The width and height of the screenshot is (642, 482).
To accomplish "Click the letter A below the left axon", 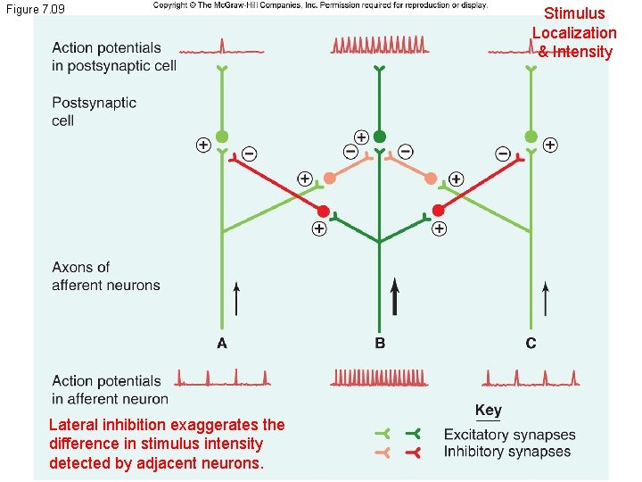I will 221,344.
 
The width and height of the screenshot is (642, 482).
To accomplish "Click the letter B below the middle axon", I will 380,344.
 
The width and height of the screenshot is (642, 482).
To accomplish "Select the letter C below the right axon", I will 531,344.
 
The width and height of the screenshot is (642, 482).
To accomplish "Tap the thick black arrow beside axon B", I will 394,296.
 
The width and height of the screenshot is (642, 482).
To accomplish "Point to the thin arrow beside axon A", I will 236,299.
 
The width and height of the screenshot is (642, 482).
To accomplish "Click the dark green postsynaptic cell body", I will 380,137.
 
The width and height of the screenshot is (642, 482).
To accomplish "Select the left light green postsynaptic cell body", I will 222,137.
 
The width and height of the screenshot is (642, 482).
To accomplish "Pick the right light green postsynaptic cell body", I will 531,137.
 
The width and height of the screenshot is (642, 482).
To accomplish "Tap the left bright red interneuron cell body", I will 322,211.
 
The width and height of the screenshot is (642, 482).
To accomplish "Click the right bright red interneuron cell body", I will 438,211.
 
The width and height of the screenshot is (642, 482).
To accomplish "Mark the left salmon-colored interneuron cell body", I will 330,178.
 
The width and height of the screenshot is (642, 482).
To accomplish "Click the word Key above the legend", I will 488,411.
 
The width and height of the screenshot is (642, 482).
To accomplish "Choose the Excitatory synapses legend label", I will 509,435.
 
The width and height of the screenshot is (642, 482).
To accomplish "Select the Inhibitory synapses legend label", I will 506,452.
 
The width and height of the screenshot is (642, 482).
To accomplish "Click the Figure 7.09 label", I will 35,9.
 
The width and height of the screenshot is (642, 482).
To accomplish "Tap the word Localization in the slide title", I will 574,32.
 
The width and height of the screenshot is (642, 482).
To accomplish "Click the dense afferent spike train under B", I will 379,378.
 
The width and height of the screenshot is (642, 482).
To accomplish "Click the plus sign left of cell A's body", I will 203,144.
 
